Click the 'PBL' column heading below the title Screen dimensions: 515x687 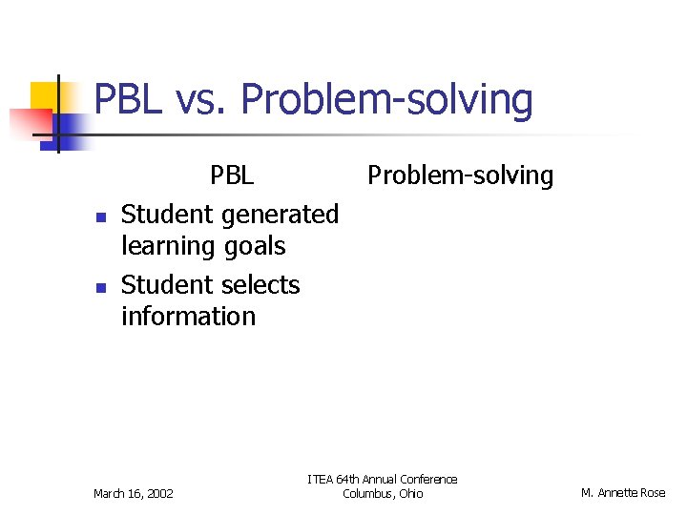point(232,175)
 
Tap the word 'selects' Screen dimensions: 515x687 point(264,285)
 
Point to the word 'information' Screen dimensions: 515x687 point(188,317)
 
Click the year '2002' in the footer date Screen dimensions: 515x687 point(159,493)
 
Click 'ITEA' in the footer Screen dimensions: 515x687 point(321,479)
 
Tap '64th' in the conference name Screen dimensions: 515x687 point(348,479)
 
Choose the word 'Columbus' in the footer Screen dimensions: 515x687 point(366,493)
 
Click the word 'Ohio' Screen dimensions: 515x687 point(410,493)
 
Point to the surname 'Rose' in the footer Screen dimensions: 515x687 point(654,493)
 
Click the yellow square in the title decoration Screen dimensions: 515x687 point(44,96)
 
